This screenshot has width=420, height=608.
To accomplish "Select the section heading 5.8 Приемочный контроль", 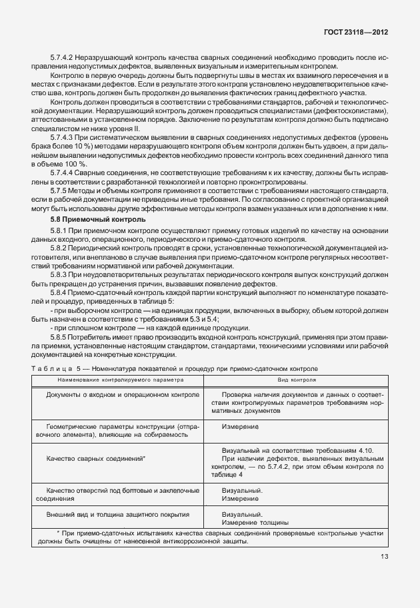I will coord(90,219).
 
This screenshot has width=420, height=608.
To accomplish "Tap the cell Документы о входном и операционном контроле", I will coord(123,395).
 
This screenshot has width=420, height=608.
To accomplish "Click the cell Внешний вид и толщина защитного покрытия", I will coord(118,514).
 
